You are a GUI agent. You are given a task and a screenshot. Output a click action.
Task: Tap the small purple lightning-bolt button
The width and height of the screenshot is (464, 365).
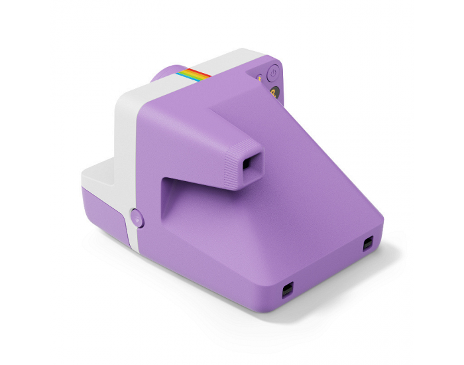pos(259,78)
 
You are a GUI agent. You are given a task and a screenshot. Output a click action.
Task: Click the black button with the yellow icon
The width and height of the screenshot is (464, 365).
pos(273,93)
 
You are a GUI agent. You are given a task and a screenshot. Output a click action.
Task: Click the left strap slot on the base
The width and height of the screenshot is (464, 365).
pos(288,290)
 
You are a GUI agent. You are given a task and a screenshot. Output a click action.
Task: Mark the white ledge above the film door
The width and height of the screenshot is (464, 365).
pos(99,174)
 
